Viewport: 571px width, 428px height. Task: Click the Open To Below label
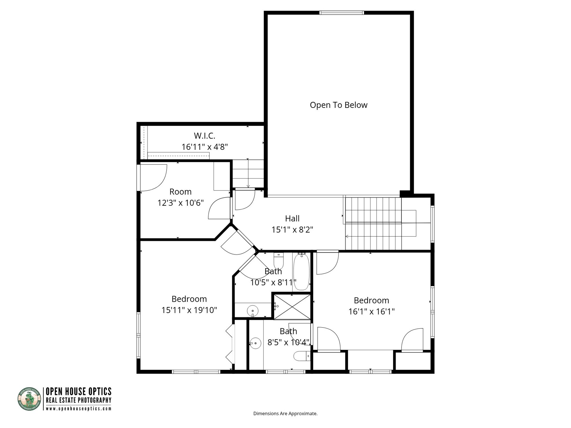338,105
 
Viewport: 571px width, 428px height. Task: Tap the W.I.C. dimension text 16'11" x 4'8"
205,147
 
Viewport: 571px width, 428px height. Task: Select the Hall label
292,218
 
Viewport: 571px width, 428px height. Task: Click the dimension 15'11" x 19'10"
189,310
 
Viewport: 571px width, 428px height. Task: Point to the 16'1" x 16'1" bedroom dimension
371,311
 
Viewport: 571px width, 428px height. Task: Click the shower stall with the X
292,307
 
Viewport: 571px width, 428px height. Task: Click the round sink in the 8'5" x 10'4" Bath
255,343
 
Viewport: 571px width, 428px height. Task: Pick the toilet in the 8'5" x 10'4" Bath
301,356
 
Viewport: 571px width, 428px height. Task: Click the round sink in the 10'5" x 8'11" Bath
252,311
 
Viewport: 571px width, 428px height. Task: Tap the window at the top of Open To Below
341,13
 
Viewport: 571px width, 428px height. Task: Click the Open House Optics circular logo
29,399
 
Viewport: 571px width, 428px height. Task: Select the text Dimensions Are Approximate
285,413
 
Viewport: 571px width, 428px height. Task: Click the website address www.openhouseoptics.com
79,409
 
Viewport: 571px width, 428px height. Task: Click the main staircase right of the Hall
373,224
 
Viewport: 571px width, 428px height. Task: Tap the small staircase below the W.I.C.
248,174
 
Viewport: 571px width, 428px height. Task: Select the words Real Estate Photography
79,400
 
